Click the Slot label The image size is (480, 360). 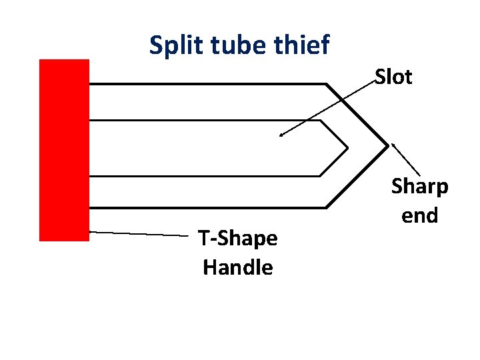(393, 77)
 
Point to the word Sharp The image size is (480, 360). (419, 187)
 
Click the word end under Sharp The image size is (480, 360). (419, 215)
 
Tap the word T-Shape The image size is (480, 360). (237, 239)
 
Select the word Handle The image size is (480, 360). (237, 267)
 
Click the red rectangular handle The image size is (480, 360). (64, 150)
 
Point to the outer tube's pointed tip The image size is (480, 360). (388, 145)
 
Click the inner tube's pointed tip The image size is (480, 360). (347, 147)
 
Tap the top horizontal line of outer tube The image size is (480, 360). (207, 84)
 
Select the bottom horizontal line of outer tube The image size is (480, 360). (207, 207)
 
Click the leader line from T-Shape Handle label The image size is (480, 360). (140, 233)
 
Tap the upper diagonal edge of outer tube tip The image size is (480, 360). (357, 114)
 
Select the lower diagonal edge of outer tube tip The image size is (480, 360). (357, 177)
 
